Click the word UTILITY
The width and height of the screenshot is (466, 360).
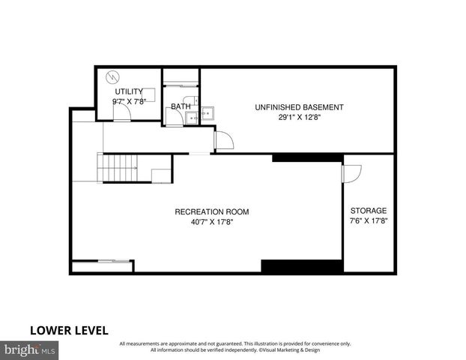click(x=129, y=91)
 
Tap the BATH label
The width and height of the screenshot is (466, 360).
click(x=181, y=106)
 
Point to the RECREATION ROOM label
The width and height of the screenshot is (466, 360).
click(x=211, y=212)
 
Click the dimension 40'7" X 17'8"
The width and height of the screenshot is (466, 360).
click(x=211, y=222)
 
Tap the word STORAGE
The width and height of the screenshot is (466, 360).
click(x=369, y=211)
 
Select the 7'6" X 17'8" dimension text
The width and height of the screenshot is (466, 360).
click(x=369, y=221)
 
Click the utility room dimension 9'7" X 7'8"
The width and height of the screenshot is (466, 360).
click(x=129, y=101)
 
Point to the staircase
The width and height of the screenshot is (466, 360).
click(x=119, y=166)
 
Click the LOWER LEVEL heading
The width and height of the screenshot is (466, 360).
click(x=69, y=330)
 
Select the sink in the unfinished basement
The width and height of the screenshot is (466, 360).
click(x=207, y=113)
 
